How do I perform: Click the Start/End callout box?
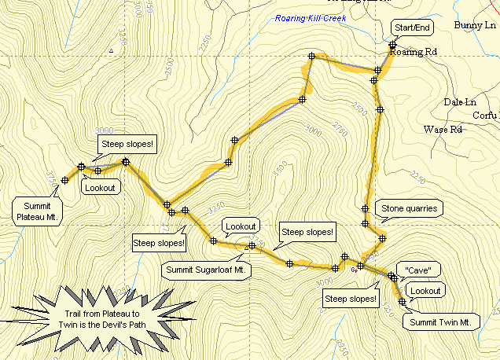pos(411,28)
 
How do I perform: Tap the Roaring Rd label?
pos(417,52)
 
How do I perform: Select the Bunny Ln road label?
pos(475,25)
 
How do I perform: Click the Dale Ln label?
pos(460,102)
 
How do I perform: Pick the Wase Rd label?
pos(443,129)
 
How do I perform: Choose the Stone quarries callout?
pos(409,209)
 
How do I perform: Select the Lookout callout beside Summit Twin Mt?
pos(426,291)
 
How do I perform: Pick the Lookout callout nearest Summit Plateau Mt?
pos(101,187)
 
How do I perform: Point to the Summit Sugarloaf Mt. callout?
pos(207,270)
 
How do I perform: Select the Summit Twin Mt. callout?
pos(440,321)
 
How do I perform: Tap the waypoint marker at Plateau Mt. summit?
pos(64,181)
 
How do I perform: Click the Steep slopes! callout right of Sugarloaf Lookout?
pos(308,232)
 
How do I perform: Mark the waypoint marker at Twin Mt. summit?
pos(402,301)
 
